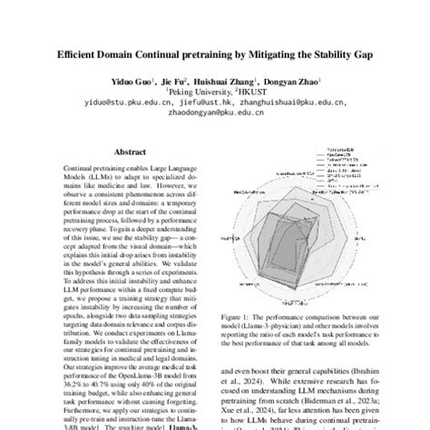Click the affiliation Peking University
pos(192,91)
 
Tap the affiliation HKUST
pos(245,91)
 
